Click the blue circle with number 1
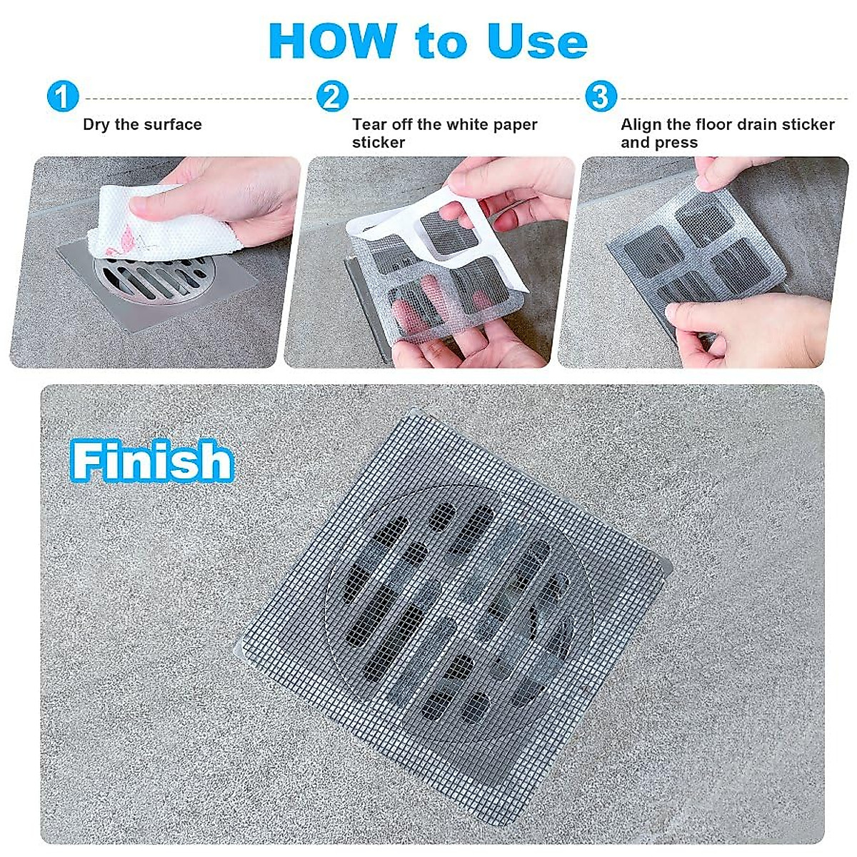click(x=63, y=96)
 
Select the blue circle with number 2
click(x=332, y=96)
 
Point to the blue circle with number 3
click(x=601, y=96)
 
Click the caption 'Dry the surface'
click(x=142, y=125)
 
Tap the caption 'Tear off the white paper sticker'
click(x=444, y=134)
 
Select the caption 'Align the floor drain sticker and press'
click(x=727, y=134)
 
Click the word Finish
click(x=152, y=461)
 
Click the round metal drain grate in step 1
click(x=156, y=277)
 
